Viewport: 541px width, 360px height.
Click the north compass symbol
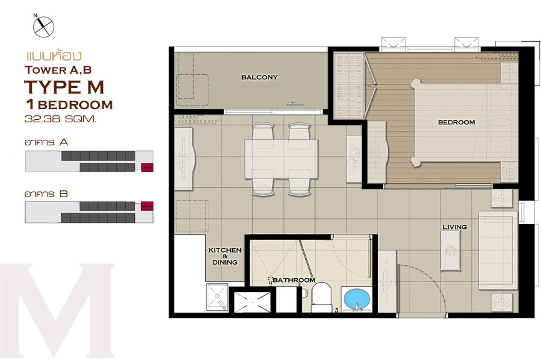44,27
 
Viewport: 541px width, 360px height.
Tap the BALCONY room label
260,77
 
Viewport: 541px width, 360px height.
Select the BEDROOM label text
457,122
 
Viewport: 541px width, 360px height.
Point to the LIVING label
455,227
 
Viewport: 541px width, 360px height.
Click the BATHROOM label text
294,280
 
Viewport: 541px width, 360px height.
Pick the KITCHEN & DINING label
225,256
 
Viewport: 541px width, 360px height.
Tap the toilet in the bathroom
321,298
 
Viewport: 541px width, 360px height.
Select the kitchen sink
217,297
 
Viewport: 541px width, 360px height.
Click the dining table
281,158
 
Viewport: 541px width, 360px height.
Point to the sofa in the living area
498,250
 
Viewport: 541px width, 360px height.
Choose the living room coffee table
451,250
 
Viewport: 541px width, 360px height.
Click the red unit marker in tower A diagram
147,167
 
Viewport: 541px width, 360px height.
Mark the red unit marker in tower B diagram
147,207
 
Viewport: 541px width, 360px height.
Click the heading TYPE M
64,87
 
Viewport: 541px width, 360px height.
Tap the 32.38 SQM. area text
61,119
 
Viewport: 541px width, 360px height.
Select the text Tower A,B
58,70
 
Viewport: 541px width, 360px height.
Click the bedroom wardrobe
349,85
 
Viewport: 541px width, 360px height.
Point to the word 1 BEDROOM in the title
69,104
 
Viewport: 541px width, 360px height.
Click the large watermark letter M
57,310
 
